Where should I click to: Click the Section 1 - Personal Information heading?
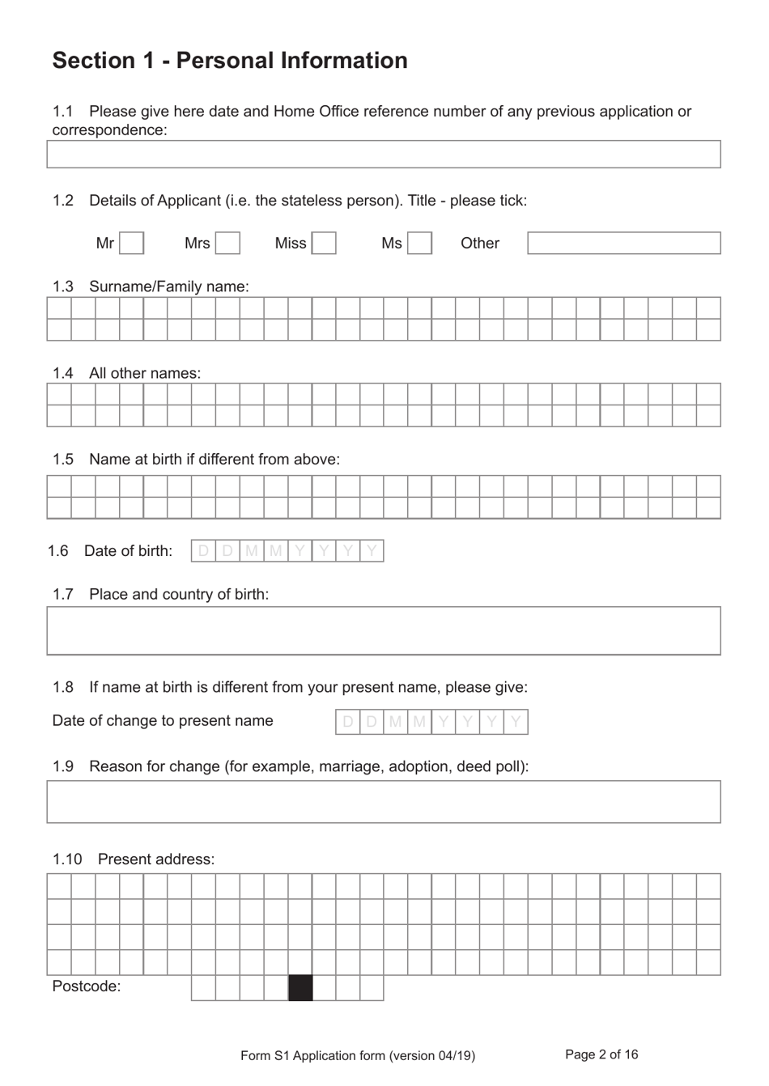pos(230,61)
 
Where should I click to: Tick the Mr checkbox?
pos(132,244)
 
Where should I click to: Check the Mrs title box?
pos(227,244)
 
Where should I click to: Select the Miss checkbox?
pos(324,244)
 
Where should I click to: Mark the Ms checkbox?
pos(419,244)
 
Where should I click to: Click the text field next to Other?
pos(623,244)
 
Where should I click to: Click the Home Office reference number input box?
pos(383,155)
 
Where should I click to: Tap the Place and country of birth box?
pos(383,630)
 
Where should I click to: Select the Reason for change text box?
pos(383,802)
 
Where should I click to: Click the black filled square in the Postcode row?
pos(300,988)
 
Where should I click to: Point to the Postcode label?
pos(87,986)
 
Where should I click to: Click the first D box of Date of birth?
pos(203,551)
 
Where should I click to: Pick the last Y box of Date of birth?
pos(372,551)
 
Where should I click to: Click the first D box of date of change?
pos(347,722)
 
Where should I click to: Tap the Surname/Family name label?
pos(168,286)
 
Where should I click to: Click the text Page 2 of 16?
pos(601,1054)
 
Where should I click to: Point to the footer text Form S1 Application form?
pos(358,1055)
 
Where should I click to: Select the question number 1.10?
pos(67,859)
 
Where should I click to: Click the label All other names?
pos(145,373)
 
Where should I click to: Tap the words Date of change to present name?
pos(163,721)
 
